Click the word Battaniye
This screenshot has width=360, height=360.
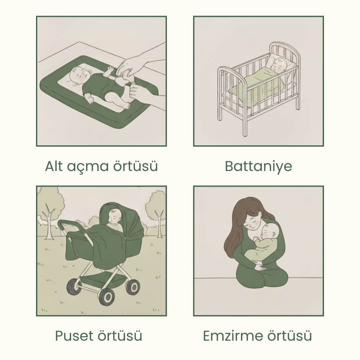(x=258, y=166)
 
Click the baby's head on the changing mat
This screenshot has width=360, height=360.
(x=79, y=76)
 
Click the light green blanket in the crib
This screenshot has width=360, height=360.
(x=257, y=84)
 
